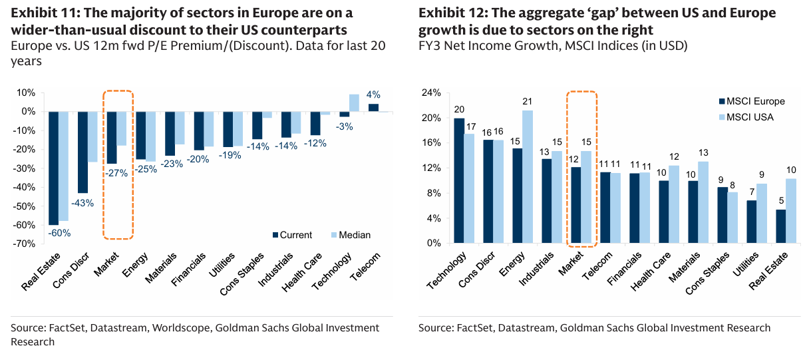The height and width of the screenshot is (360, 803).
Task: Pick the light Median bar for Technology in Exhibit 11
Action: click(x=354, y=103)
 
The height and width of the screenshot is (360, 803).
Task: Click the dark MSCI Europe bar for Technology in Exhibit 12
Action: click(x=459, y=180)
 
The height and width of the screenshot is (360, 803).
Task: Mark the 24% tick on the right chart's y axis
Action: click(x=432, y=93)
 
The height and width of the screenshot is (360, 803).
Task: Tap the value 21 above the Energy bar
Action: click(x=528, y=101)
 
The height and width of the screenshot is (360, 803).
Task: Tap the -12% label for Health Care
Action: click(x=316, y=143)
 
